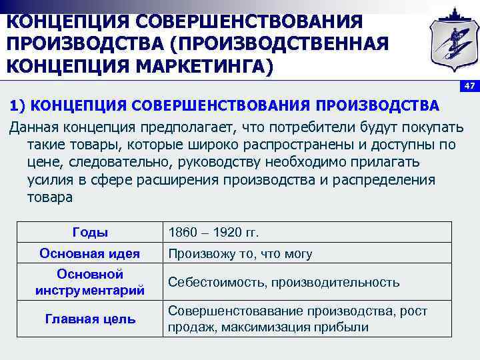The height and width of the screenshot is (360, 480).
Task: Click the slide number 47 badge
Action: point(470,86)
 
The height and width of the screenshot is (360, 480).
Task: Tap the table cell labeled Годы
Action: point(89,232)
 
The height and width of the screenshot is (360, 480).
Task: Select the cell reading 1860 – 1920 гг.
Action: point(213,233)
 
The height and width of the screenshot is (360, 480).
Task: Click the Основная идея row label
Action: point(89,253)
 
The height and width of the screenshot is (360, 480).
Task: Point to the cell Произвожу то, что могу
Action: point(240,254)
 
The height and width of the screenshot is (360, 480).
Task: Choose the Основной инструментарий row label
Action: point(89,282)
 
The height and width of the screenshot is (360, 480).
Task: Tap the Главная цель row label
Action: point(89,319)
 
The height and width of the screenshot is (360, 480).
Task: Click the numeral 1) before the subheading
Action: point(17,105)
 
